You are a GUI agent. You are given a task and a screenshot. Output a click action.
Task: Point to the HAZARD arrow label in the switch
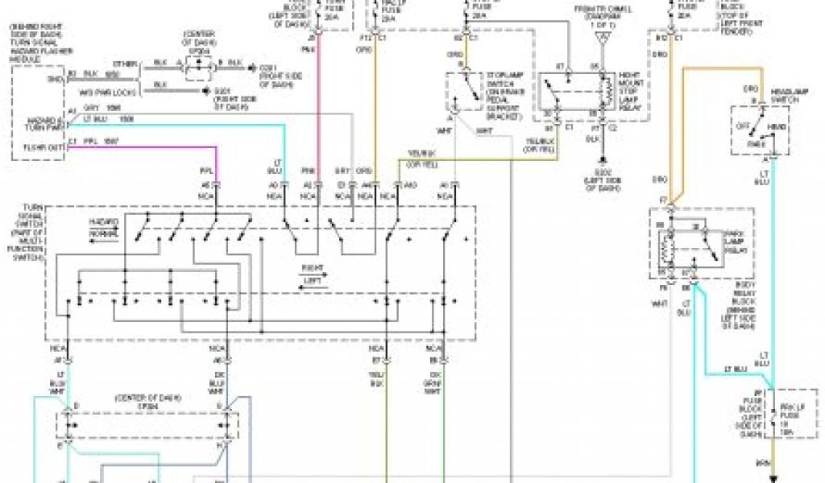(x=104, y=221)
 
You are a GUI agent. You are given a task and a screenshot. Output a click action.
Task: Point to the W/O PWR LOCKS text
(x=102, y=93)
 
